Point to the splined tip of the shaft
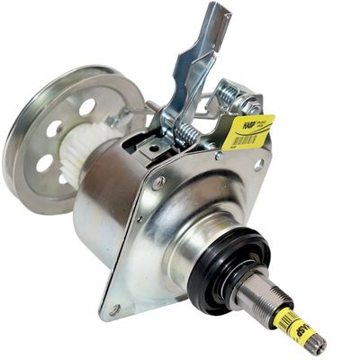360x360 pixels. pyautogui.click(x=316, y=343)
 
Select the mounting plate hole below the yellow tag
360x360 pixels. pyautogui.click(x=258, y=165)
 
